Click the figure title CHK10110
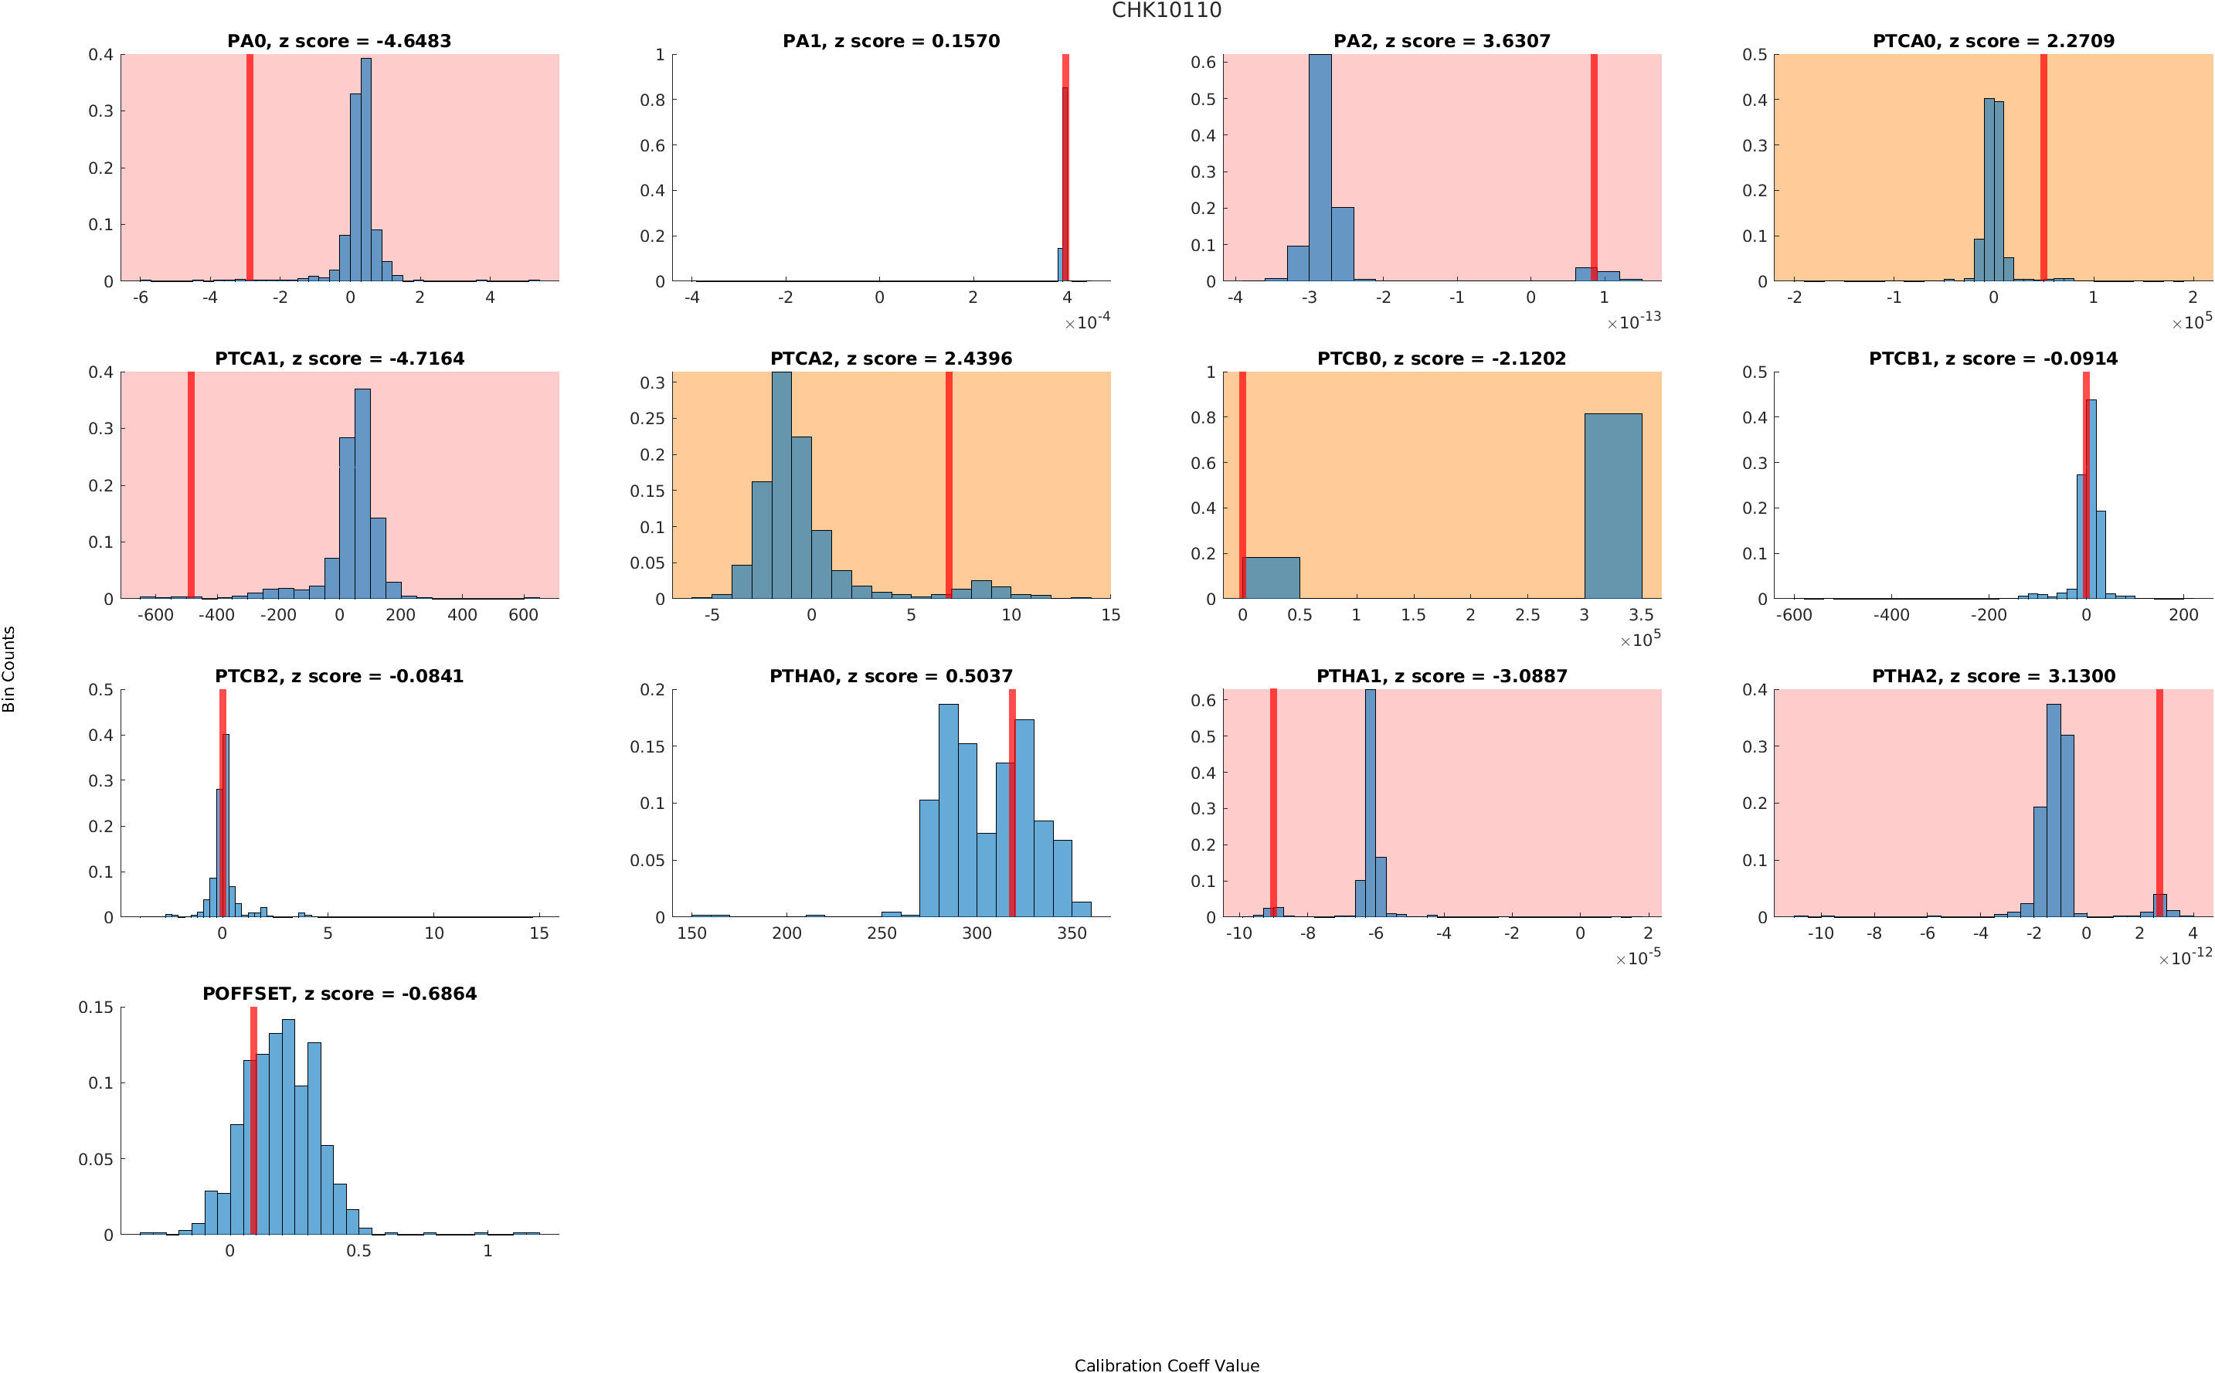[1166, 11]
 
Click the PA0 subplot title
[338, 41]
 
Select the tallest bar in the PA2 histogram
[1320, 168]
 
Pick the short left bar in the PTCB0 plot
[1271, 577]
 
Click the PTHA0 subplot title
[891, 677]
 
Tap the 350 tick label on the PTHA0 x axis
[1071, 933]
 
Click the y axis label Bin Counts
[9, 668]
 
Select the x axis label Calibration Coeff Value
[1166, 1365]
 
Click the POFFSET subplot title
[338, 994]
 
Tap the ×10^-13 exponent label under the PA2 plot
[1634, 321]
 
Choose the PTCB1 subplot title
[1992, 359]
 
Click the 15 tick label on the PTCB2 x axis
[539, 933]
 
